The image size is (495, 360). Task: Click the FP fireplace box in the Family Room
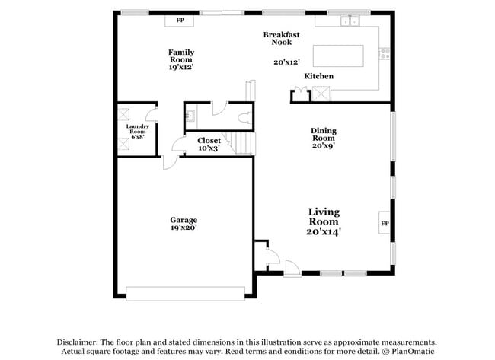pos(180,21)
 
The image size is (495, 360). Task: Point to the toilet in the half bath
pos(244,117)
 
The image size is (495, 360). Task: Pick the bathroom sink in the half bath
pos(190,116)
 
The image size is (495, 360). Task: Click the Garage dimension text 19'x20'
pos(184,228)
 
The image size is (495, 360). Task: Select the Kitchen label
pos(318,76)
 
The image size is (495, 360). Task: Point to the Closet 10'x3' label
pos(209,145)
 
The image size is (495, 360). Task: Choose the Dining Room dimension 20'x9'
pos(323,146)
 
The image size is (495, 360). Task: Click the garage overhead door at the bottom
pos(185,293)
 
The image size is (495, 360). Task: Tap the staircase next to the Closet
pos(243,143)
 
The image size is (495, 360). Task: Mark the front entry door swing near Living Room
pos(291,267)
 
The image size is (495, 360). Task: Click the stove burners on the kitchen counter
pos(385,53)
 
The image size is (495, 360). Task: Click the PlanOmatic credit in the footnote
pos(414,351)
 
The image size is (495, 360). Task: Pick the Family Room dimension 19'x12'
pos(181,68)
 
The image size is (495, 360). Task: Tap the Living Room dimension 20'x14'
pos(324,231)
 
